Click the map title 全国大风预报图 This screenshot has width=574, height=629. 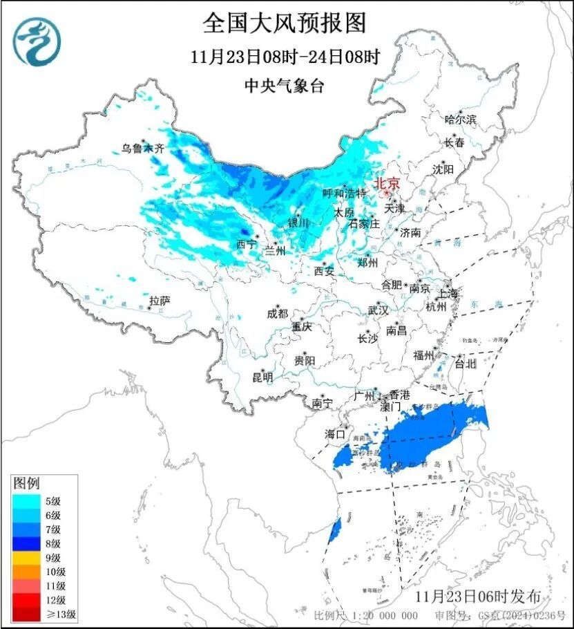click(284, 23)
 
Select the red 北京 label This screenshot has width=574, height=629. click(386, 183)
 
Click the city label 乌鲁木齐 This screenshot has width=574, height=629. click(143, 148)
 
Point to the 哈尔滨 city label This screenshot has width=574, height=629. click(461, 119)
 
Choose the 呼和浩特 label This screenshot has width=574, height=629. click(345, 194)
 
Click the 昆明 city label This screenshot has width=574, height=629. click(262, 377)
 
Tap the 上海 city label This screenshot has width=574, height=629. click(448, 294)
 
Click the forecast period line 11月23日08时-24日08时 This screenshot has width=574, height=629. click(285, 57)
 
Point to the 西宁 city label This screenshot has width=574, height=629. click(247, 244)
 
